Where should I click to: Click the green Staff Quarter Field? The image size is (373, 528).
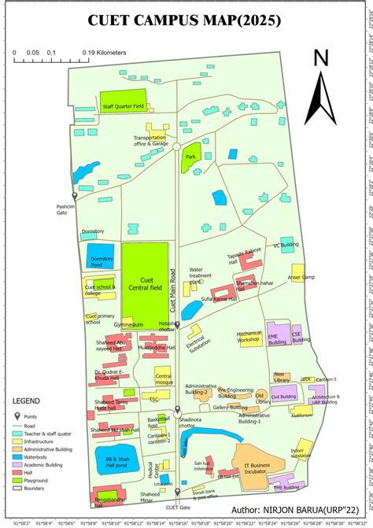click(123, 104)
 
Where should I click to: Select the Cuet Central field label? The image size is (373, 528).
click(146, 283)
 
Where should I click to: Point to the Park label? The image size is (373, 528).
click(190, 157)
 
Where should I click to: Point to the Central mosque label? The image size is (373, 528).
click(164, 379)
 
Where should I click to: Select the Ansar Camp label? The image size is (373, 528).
click(301, 277)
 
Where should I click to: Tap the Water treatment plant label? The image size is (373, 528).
click(201, 275)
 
